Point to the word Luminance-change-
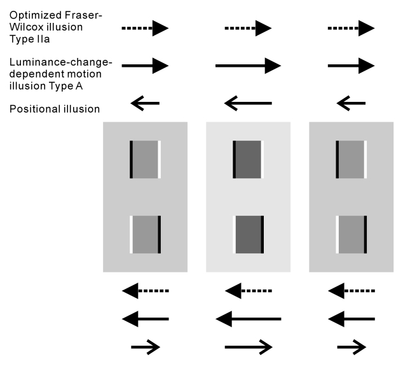click(x=60, y=62)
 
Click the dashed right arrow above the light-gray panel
click(x=248, y=28)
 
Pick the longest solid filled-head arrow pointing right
click(x=248, y=66)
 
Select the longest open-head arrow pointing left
click(x=248, y=102)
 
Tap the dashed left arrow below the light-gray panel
click(x=248, y=292)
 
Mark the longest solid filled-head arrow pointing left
click(x=248, y=318)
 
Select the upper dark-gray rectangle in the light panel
click(x=248, y=158)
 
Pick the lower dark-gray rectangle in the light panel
click(x=248, y=234)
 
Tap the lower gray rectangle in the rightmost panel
click(x=350, y=234)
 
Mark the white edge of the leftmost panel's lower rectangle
click(x=132, y=234)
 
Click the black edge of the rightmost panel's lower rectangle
click(x=365, y=234)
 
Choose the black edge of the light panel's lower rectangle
click(x=263, y=234)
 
